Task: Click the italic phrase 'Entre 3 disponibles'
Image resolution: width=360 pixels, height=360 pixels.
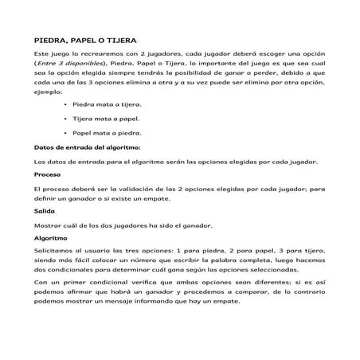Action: tap(68, 61)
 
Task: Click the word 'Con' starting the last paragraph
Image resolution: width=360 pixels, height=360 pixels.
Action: tap(40, 283)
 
